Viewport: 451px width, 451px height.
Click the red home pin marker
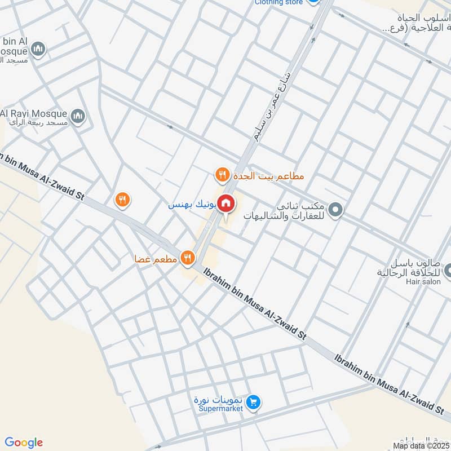[226, 204]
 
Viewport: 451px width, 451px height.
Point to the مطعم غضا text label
[156, 259]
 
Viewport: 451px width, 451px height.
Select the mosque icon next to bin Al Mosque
[38, 50]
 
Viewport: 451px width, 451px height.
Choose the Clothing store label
[279, 2]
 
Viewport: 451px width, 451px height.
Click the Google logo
[23, 443]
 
